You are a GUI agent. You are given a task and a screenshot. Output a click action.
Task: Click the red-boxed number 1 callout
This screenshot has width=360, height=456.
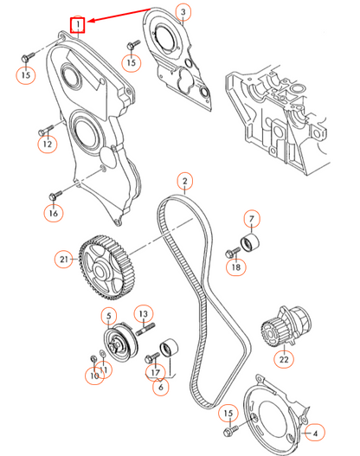tap(77, 25)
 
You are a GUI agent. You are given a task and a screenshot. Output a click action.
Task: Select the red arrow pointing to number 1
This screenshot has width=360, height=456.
tap(119, 15)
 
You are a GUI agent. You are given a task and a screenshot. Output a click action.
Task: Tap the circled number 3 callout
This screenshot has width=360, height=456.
tap(183, 12)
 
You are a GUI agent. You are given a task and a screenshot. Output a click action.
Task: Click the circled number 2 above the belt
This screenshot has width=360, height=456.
tap(185, 181)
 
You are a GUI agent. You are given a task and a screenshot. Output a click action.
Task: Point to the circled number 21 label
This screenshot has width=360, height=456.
tap(64, 259)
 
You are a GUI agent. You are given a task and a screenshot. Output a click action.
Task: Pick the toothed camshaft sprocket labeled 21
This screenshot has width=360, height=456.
tap(107, 268)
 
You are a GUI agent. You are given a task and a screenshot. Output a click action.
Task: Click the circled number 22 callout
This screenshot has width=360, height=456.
tap(284, 359)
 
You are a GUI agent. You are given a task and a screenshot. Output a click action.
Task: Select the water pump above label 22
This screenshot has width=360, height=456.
tap(286, 325)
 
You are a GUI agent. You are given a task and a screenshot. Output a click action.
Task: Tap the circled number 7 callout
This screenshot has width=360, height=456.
tap(252, 219)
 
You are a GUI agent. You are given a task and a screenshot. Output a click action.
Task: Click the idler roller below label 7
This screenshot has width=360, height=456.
tap(250, 243)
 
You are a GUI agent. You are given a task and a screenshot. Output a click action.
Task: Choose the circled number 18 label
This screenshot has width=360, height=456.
tap(236, 267)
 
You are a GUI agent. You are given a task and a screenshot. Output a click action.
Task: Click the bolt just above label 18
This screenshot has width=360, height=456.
tap(233, 253)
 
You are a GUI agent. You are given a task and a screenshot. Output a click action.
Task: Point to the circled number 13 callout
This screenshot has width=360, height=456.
tap(144, 314)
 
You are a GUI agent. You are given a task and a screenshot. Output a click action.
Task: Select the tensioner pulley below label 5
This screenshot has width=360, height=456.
tap(120, 342)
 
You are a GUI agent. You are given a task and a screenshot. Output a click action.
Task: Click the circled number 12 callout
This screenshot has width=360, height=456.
tap(48, 144)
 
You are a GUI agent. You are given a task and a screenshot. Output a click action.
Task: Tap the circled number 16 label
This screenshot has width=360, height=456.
tap(53, 213)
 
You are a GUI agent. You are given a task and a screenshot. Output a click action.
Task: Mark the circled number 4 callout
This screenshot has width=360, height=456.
tap(315, 434)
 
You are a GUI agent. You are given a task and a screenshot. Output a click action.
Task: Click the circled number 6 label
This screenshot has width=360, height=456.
tap(161, 387)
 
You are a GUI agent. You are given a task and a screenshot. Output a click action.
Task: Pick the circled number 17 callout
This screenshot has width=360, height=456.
tap(155, 372)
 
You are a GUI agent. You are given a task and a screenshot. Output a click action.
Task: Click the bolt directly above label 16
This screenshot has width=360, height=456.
tap(55, 196)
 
